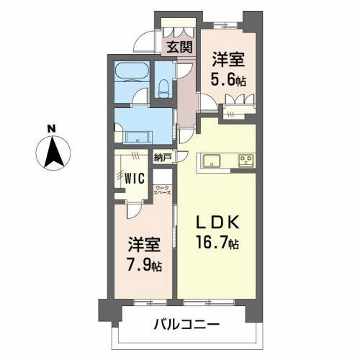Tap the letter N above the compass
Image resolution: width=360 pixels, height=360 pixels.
(52, 130)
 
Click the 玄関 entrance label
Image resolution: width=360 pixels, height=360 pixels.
(179, 48)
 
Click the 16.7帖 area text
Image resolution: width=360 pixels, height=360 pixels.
(214, 245)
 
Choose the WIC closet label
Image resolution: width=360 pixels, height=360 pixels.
(134, 176)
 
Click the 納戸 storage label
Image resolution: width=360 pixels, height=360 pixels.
(162, 156)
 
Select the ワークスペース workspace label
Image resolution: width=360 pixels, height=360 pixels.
(163, 191)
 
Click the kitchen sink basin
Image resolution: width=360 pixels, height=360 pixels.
(213, 158)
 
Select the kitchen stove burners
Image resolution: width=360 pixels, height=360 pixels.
(245, 158)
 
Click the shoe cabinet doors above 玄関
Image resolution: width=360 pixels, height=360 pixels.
(179, 30)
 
